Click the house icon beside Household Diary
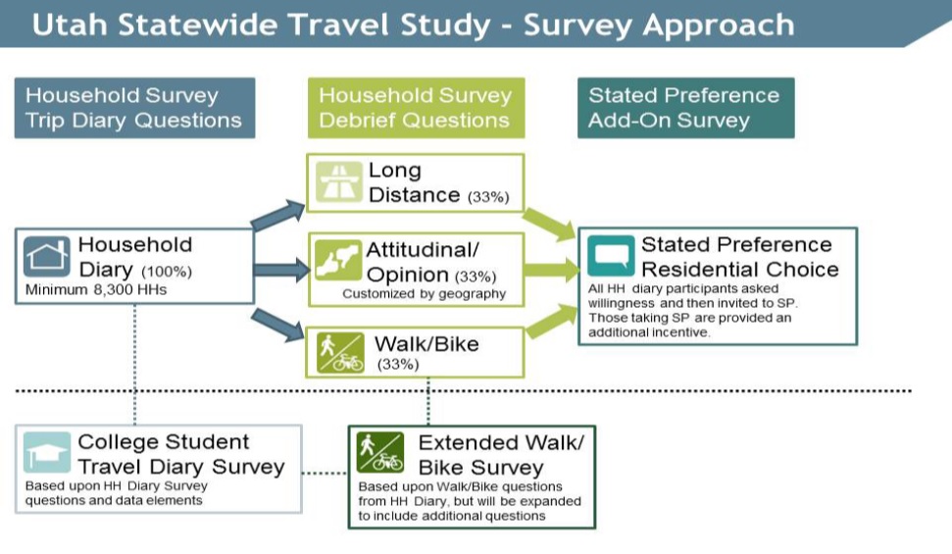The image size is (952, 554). click(x=47, y=256)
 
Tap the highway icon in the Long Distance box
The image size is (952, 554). click(x=339, y=181)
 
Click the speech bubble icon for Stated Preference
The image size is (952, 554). click(x=611, y=256)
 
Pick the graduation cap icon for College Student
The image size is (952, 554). click(x=47, y=453)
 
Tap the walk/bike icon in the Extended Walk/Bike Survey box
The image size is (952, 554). click(x=380, y=453)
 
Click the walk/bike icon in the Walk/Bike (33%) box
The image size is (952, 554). click(x=340, y=352)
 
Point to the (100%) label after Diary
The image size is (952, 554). click(x=167, y=272)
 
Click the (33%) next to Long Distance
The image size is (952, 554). click(x=488, y=197)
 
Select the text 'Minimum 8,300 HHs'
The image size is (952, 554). click(x=96, y=290)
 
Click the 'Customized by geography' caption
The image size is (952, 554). click(x=424, y=294)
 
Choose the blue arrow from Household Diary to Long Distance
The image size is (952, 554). click(x=277, y=215)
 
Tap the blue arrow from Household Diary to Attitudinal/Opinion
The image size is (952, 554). click(x=282, y=270)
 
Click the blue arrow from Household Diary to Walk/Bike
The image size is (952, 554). click(x=277, y=324)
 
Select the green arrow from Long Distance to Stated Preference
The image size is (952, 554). click(x=549, y=224)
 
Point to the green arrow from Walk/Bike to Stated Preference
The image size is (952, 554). click(x=552, y=320)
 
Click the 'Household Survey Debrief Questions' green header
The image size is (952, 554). click(x=417, y=108)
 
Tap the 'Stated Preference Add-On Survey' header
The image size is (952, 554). click(x=686, y=108)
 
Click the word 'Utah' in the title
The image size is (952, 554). click(x=70, y=25)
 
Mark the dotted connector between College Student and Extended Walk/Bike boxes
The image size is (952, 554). click(x=325, y=473)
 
